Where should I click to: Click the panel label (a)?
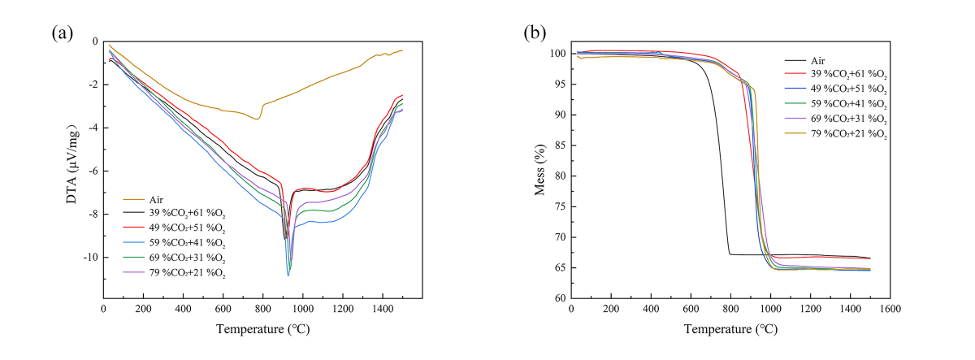point(62,33)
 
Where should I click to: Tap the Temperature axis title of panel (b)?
point(730,329)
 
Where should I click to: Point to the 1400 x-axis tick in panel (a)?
point(382,310)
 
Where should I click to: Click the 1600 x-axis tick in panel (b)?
point(890,310)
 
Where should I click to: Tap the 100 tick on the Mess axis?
point(557,54)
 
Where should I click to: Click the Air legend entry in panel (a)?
point(158,200)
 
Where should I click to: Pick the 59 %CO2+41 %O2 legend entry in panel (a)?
point(186,244)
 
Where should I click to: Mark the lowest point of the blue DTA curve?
point(288,275)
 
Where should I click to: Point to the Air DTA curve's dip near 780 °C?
point(258,119)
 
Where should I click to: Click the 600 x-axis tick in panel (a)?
point(223,310)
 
